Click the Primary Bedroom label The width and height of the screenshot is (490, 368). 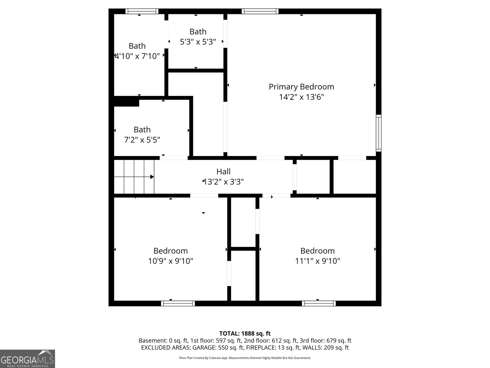coord(301,87)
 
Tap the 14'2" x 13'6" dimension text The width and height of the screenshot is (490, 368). coord(301,97)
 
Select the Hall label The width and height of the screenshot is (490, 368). coord(223,171)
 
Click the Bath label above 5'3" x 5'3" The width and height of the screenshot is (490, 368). coord(198,32)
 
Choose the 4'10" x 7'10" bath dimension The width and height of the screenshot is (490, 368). coord(137,56)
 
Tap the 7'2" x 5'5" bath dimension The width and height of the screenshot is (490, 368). coord(142,140)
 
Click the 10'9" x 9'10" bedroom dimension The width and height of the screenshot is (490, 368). coord(171,261)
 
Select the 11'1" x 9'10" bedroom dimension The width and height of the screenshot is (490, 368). coord(318,261)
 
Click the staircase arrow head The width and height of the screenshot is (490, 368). coord(152,177)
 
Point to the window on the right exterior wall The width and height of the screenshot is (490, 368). coord(379,133)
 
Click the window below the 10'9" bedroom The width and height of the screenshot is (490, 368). coord(178,303)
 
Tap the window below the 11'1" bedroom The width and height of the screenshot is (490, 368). coord(319,303)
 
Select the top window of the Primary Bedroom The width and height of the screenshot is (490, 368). coord(260,11)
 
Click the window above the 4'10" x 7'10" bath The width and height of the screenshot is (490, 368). coord(142,11)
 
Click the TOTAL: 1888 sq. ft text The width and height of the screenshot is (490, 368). coord(245,334)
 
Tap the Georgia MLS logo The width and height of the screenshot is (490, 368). coord(28,359)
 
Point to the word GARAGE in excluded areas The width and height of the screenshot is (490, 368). coord(204,348)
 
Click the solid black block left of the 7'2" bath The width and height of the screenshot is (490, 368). coord(126,102)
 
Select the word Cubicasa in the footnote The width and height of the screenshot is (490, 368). coord(215,358)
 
